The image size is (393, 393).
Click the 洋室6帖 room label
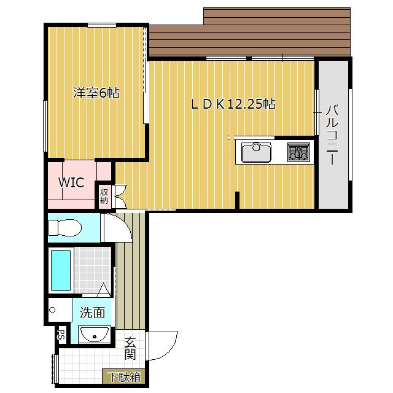[x=96, y=93]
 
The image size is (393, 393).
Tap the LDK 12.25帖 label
[x=233, y=104]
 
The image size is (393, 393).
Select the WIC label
[x=71, y=182]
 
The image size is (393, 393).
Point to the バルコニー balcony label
[x=332, y=135]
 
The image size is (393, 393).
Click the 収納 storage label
[x=104, y=196]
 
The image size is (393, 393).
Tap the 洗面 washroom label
[x=92, y=313]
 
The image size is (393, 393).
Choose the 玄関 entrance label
[x=130, y=349]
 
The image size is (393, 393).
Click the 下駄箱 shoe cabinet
[x=124, y=376]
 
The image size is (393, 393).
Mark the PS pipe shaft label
[x=61, y=335]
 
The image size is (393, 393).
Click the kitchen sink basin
[x=256, y=152]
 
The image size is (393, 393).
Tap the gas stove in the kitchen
[x=298, y=152]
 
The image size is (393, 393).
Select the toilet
[x=65, y=228]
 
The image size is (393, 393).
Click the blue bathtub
[x=61, y=270]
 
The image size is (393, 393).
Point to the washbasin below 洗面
[x=94, y=335]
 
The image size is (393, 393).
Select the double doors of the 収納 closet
[x=119, y=196]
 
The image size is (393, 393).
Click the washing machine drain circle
[x=52, y=310]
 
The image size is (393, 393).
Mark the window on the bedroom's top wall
[x=102, y=25]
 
